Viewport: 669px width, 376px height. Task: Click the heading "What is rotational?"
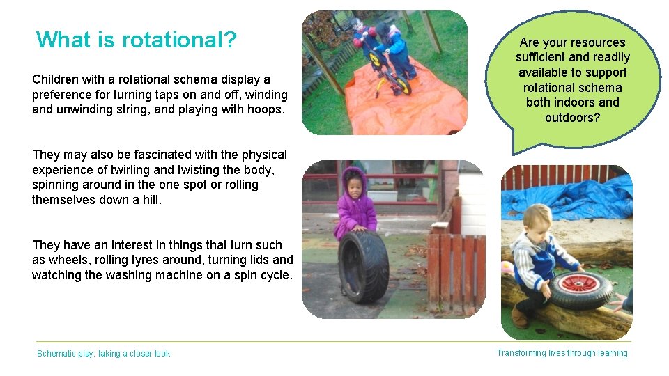pyautogui.click(x=137, y=40)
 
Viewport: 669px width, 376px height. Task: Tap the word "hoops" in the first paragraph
pyautogui.click(x=266, y=109)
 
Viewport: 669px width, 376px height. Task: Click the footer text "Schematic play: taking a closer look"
pyautogui.click(x=103, y=354)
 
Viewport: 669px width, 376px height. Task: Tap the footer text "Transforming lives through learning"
pyautogui.click(x=562, y=353)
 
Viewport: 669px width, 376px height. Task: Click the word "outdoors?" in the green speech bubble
pyautogui.click(x=572, y=118)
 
